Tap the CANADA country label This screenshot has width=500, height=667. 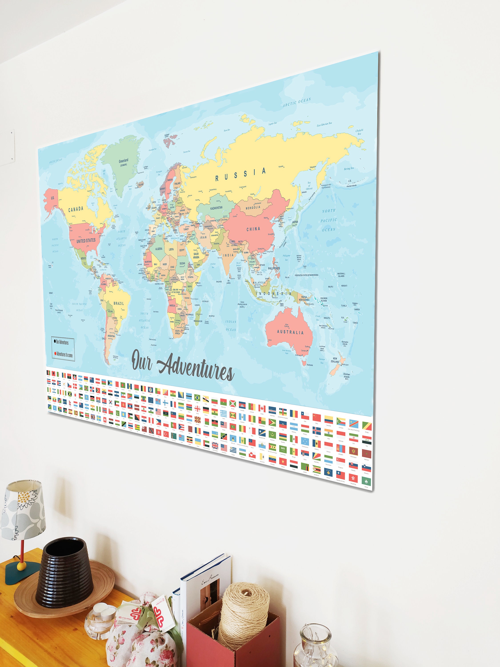point(76,209)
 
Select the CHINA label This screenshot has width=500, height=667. point(253,229)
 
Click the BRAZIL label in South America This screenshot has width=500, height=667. point(118,303)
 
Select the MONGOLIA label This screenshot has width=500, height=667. point(253,207)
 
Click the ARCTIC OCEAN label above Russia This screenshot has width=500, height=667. point(297,102)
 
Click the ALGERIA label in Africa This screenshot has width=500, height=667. point(159,249)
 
